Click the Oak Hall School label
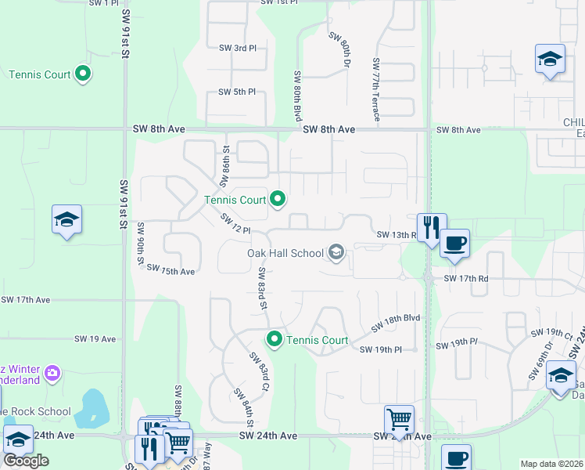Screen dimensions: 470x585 pyautogui.click(x=285, y=253)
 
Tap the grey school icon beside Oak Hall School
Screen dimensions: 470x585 pyautogui.click(x=336, y=252)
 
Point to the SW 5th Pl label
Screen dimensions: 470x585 pyautogui.click(x=237, y=92)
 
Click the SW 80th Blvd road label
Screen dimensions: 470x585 pyautogui.click(x=298, y=95)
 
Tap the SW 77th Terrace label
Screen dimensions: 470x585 pyautogui.click(x=377, y=89)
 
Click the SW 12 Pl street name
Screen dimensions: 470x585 pyautogui.click(x=235, y=224)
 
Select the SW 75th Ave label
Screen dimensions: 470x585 pyautogui.click(x=177, y=272)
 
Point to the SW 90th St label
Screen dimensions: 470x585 pyautogui.click(x=141, y=246)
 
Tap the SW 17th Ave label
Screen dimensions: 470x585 pyautogui.click(x=26, y=300)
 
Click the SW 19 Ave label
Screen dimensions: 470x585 pyautogui.click(x=95, y=339)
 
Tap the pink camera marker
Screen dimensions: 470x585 pyautogui.click(x=52, y=371)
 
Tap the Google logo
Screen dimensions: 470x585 pyautogui.click(x=25, y=460)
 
